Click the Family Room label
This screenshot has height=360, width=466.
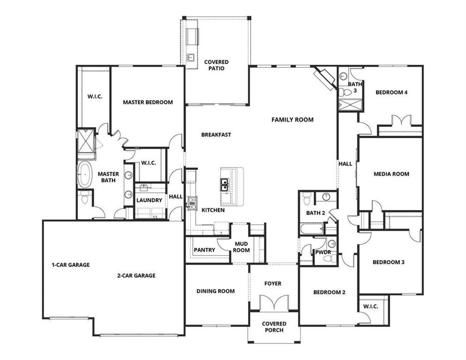coord(292,119)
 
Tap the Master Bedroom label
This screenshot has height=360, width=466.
coord(147,102)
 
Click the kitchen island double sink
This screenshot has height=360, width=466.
coord(224,185)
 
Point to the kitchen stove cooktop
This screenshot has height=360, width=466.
coord(192,202)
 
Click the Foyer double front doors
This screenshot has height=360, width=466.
coord(274,303)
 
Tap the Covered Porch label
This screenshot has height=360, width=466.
coord(274,327)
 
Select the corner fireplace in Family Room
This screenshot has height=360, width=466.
coord(325,78)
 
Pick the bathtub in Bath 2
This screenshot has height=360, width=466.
coord(312,229)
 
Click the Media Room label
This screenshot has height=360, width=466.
coord(391,174)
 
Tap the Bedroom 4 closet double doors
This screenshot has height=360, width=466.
coord(400,120)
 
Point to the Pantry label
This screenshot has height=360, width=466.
coord(204,250)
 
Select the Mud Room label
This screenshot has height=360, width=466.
coord(241,247)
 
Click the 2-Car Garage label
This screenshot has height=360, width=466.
coord(136,276)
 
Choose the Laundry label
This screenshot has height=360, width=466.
coord(149,200)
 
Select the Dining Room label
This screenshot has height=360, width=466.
coord(216,291)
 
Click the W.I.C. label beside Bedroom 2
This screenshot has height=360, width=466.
coord(371,306)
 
